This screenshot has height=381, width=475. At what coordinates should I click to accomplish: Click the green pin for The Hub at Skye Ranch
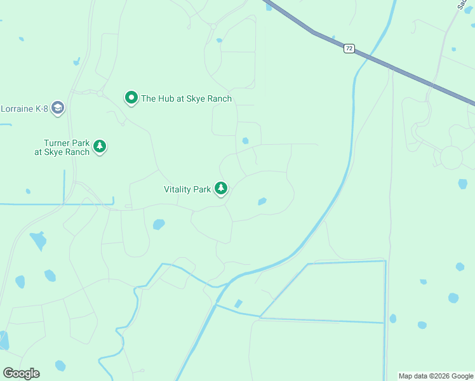131,98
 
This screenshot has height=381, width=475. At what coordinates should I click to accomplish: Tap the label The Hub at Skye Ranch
186,98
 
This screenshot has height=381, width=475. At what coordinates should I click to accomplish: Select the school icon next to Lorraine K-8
58,108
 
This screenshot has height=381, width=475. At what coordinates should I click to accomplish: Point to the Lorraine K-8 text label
23,108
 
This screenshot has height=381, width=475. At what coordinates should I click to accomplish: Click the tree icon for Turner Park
100,147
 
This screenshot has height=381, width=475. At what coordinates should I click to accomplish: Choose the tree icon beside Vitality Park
221,189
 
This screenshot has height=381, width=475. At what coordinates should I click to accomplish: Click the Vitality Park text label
187,189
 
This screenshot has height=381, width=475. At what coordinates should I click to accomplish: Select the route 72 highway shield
349,48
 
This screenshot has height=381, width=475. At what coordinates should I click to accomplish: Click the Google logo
21,373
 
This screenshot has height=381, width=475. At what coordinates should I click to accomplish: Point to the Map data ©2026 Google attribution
436,376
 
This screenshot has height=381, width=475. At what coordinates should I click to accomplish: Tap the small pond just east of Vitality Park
262,202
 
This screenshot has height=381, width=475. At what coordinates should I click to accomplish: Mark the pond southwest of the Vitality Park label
159,224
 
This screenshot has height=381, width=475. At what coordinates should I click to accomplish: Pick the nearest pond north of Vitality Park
245,141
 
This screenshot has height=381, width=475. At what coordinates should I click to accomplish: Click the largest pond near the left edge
38,240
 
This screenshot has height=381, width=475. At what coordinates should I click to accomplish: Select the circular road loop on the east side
451,157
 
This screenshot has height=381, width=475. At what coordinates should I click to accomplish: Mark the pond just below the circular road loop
462,184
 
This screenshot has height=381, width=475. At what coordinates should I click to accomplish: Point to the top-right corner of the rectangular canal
385,261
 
